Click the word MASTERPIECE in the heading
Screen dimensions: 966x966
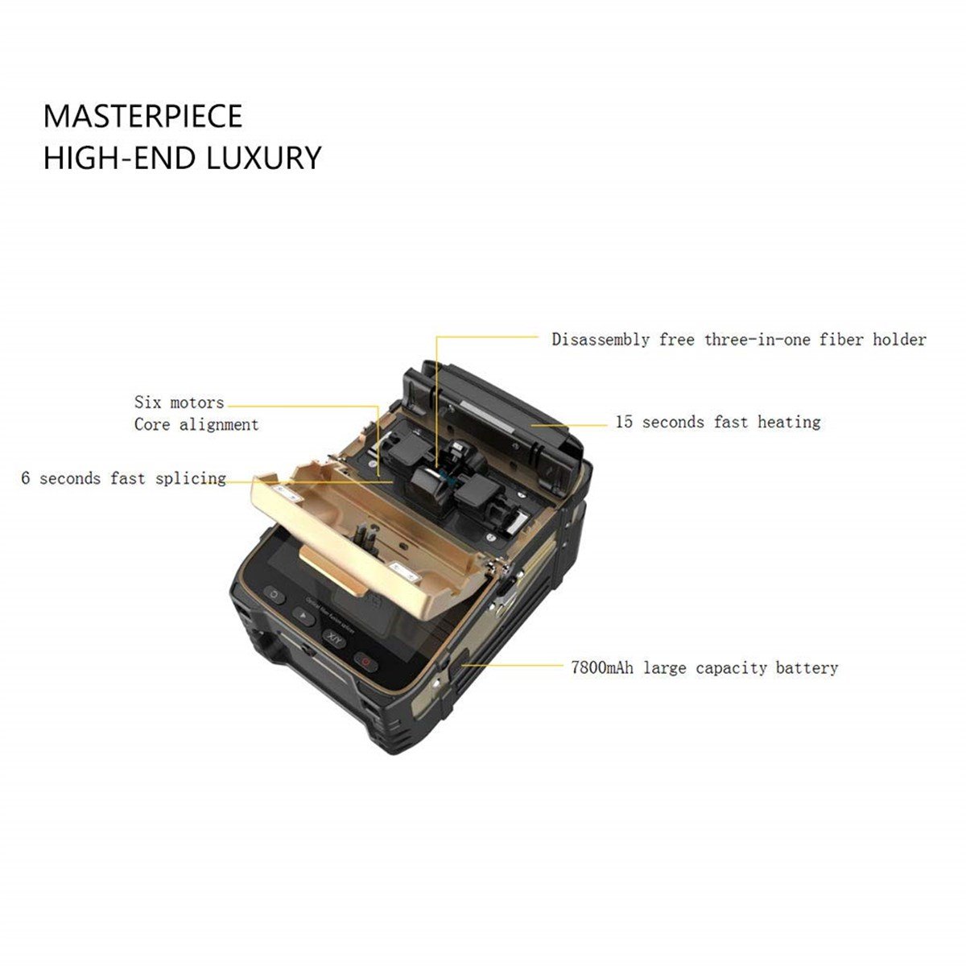click(x=142, y=116)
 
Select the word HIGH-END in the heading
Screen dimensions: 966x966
click(x=119, y=158)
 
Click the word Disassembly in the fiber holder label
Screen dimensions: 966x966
click(x=600, y=340)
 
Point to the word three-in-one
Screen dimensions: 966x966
click(x=757, y=340)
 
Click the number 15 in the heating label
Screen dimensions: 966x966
click(x=624, y=422)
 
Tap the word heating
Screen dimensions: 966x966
click(x=789, y=423)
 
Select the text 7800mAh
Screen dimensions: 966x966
click(x=602, y=667)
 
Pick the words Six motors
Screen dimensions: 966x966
click(x=179, y=402)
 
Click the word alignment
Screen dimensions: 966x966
click(x=219, y=425)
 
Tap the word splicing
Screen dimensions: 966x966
click(x=191, y=479)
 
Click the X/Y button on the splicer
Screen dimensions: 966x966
click(x=333, y=638)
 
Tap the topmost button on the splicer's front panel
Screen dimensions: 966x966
click(x=274, y=595)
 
